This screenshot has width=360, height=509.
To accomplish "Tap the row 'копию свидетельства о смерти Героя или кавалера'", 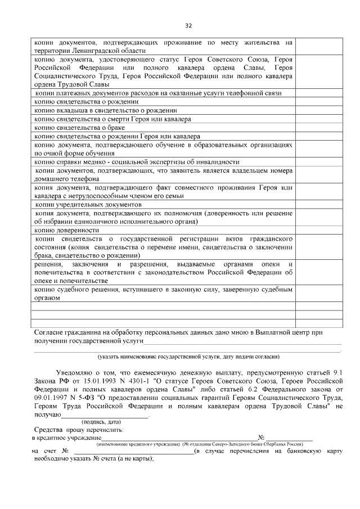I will coord(112,119).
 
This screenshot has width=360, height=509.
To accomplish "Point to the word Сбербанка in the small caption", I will coord(275,444).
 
